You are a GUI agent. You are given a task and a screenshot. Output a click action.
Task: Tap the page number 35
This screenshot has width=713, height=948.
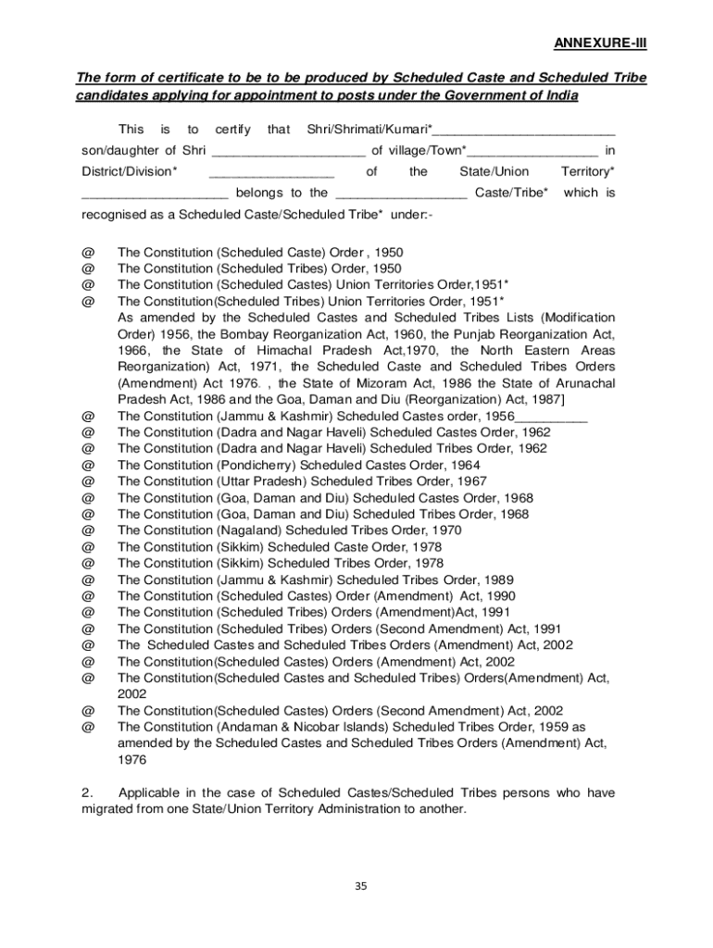pos(361,886)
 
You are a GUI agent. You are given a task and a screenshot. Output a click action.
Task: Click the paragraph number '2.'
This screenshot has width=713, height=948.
pos(87,793)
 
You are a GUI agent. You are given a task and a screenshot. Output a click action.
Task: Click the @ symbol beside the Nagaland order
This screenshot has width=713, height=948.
pos(88,530)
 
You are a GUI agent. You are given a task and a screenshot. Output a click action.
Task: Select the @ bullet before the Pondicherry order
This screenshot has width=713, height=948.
pos(88,465)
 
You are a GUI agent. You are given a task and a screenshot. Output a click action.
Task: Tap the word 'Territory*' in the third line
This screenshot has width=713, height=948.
pos(587,171)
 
